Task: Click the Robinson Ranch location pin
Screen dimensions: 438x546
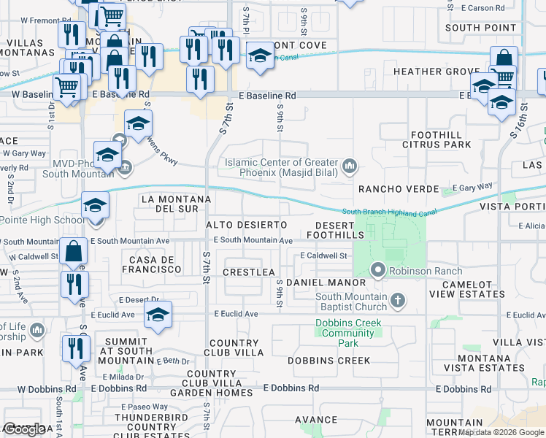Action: (x=378, y=270)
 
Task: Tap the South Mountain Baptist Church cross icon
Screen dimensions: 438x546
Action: (x=398, y=300)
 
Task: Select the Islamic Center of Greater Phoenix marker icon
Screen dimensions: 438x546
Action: (x=350, y=166)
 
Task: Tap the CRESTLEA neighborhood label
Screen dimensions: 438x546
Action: (x=249, y=272)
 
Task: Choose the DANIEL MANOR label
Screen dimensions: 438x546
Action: (x=326, y=282)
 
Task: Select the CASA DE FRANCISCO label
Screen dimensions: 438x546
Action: (x=155, y=264)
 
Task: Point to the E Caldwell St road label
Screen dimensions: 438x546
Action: (x=323, y=255)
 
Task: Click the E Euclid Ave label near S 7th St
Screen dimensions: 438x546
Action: (x=236, y=314)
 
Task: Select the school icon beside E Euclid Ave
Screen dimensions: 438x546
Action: (x=158, y=315)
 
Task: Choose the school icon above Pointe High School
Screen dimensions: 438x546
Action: (x=95, y=205)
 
